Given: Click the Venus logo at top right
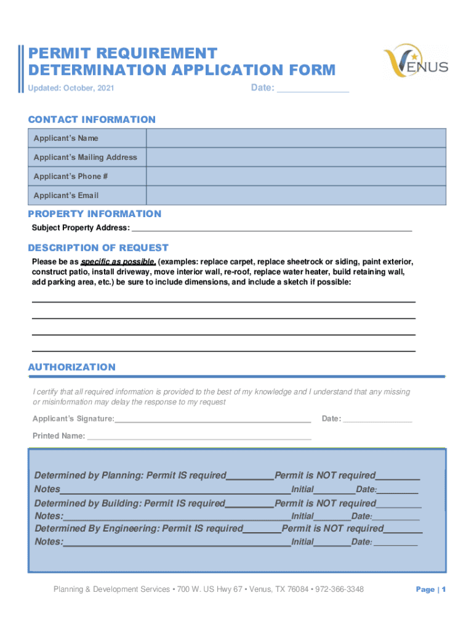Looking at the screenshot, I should point(416,61).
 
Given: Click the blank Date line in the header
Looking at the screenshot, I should point(313,89).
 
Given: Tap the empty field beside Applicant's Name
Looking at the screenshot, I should point(295,138).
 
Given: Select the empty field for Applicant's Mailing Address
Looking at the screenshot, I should point(295,157).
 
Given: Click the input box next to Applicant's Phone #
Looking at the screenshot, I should point(295,177).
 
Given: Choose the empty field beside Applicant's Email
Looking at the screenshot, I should point(295,196).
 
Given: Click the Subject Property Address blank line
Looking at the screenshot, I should point(271,228).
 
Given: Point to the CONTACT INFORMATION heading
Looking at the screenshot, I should point(92,119).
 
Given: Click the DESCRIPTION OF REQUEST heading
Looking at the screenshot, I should point(98,248).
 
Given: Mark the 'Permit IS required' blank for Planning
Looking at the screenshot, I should point(250,476).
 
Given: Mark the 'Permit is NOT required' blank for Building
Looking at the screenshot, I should point(398,504).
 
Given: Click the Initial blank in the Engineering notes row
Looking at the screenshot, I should point(332,543).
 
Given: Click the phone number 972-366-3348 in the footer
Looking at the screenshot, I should point(339,589).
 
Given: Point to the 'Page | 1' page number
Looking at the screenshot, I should point(430,589).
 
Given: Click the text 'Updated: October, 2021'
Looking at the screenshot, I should point(71,89).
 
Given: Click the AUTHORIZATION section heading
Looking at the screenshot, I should point(72,367).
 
